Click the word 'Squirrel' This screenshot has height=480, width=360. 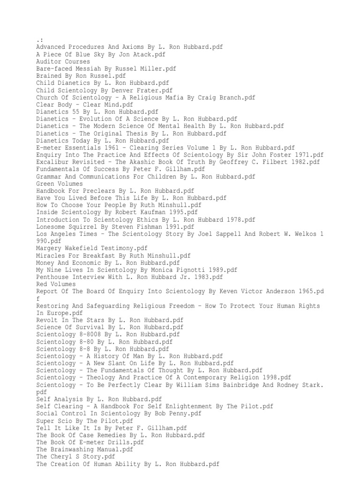(85, 226)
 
